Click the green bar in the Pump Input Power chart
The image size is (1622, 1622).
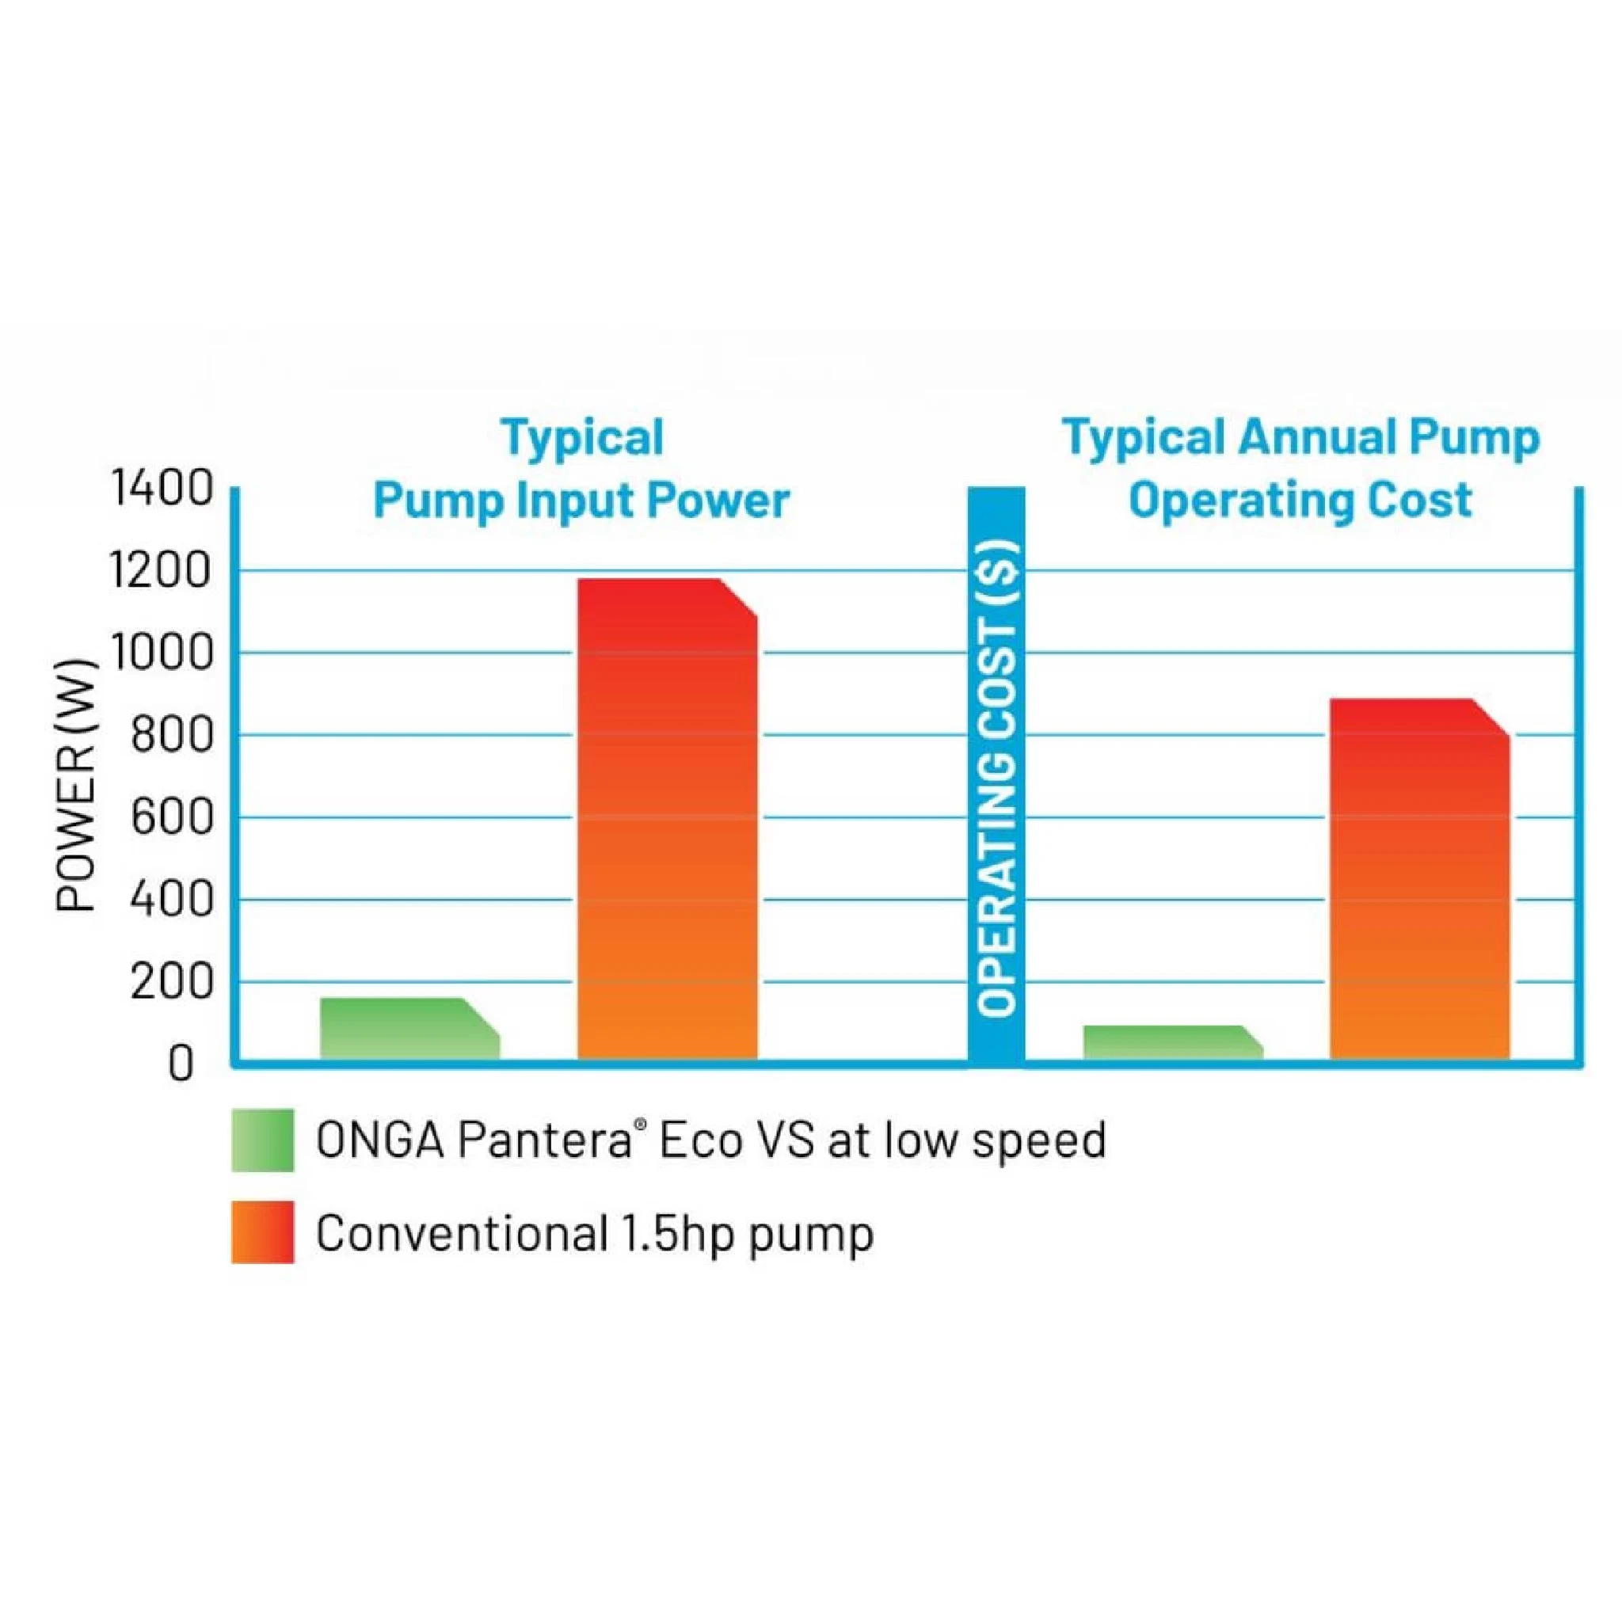pos(409,1030)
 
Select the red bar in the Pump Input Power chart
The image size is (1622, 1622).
pos(668,819)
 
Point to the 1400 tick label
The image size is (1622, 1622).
pos(162,489)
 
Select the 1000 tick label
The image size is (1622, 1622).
pos(162,654)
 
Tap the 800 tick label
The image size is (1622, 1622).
pos(171,737)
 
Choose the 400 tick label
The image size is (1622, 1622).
pos(171,900)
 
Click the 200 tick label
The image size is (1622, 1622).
pos(171,983)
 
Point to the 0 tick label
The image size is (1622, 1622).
pos(181,1065)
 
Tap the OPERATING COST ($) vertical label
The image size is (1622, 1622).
pos(997,777)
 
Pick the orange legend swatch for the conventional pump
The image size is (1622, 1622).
pos(263,1232)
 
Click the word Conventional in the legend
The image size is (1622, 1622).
pos(462,1232)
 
